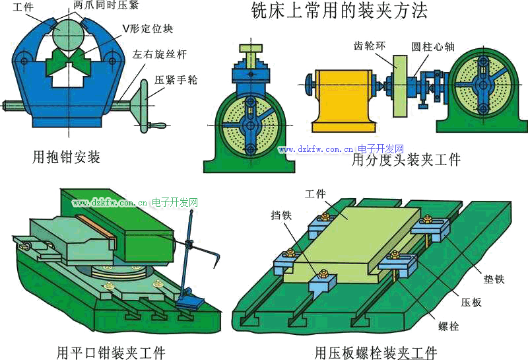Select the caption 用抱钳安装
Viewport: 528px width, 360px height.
point(66,157)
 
